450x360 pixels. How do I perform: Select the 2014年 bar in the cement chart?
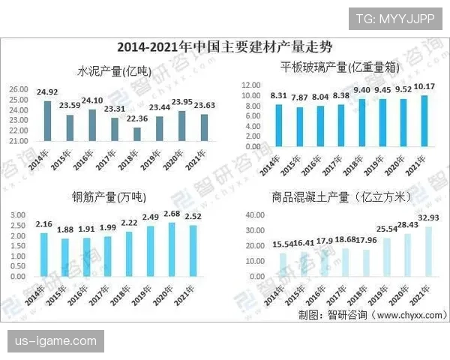point(47,121)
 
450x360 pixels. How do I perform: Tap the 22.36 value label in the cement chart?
point(136,119)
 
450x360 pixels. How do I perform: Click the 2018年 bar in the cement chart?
point(136,133)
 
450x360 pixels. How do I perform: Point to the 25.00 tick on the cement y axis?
point(18,89)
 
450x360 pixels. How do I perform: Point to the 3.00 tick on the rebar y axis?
point(19,215)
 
